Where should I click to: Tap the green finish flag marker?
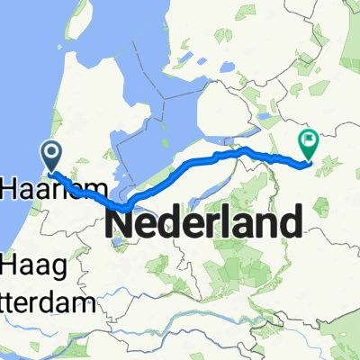[x=309, y=141]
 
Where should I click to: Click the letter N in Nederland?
[x=122, y=221]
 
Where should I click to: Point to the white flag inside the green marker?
[x=309, y=139]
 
